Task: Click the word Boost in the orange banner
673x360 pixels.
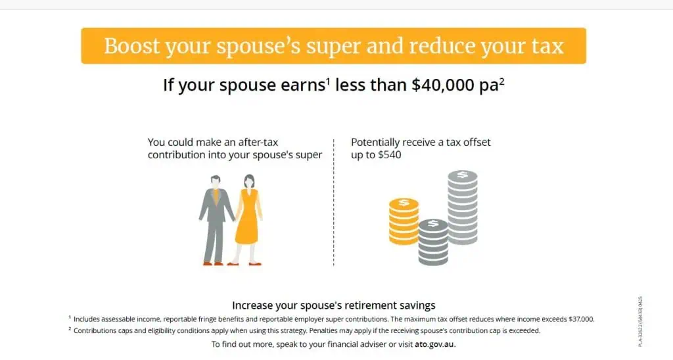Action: coord(131,46)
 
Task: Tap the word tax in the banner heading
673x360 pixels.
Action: coord(547,46)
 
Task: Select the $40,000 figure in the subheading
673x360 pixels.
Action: coord(442,85)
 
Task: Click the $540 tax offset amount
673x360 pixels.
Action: coord(389,154)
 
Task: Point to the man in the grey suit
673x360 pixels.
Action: coord(216,219)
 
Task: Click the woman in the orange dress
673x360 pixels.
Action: coord(248,219)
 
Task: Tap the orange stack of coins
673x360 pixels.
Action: coord(404,221)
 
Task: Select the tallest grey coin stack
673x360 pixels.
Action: coord(462,207)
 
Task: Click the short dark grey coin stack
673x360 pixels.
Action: coord(433,242)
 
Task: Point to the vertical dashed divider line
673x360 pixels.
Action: coord(333,202)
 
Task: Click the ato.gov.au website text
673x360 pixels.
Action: coord(434,344)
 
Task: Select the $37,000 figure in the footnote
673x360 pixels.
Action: coord(581,319)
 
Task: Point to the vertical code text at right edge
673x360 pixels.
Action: coord(640,321)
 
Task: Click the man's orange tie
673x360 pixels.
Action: coord(216,196)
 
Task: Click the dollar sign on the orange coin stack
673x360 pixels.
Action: coord(404,202)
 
